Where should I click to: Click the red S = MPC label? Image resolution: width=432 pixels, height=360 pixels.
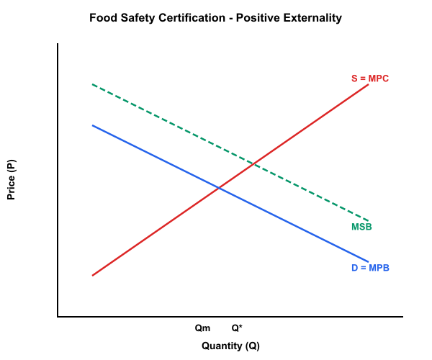(369, 78)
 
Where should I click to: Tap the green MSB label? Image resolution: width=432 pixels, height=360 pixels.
(361, 228)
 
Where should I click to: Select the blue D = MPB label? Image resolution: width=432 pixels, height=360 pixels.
(370, 268)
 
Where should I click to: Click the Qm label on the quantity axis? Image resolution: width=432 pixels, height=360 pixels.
(203, 328)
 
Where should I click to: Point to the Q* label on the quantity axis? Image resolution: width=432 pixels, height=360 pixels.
(236, 328)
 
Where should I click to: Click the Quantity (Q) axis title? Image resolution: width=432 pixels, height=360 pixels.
(230, 346)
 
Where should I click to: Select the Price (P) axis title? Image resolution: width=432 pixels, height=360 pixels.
(12, 180)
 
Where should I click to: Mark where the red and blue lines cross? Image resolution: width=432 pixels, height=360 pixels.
(219, 188)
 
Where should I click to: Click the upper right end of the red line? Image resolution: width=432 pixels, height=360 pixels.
(369, 85)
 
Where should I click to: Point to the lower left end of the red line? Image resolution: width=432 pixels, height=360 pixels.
(92, 276)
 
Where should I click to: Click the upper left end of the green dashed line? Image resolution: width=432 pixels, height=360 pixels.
(92, 84)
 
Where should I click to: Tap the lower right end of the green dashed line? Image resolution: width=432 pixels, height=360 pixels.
(369, 220)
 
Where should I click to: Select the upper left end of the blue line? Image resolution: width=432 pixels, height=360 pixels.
(92, 125)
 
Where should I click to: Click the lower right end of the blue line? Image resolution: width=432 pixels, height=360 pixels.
(369, 261)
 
